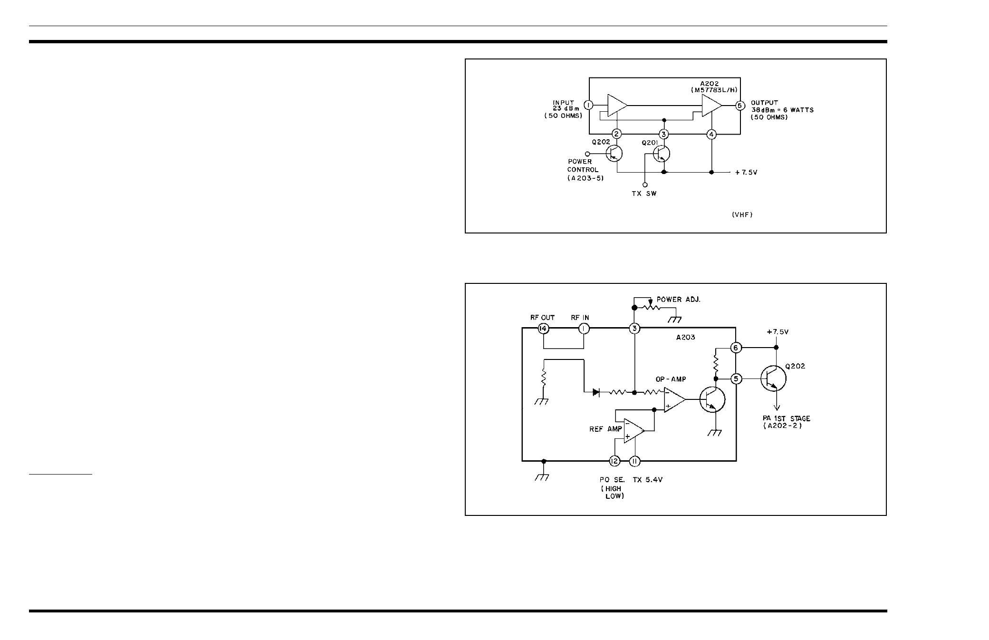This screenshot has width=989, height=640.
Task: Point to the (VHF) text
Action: point(742,215)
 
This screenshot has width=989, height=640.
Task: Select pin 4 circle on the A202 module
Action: point(711,135)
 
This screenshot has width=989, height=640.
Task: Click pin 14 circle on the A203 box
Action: point(544,329)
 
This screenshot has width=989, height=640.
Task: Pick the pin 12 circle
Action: point(615,461)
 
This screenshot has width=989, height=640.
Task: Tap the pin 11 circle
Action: point(634,461)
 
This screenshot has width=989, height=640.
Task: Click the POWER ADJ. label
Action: point(678,300)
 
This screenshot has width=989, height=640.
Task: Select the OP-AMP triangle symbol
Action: point(674,400)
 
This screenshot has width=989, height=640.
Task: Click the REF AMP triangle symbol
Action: point(634,431)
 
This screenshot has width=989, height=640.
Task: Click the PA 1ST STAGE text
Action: point(786,418)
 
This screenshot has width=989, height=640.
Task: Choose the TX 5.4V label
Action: point(647,480)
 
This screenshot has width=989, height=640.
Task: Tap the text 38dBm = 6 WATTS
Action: point(782,110)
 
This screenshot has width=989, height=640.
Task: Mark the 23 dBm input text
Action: point(563,109)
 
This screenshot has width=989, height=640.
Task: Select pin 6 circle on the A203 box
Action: point(736,348)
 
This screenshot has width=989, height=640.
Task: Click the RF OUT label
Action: point(542,318)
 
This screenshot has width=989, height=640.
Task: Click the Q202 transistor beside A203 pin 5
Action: point(773,379)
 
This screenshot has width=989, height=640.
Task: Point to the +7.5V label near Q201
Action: point(746,173)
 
